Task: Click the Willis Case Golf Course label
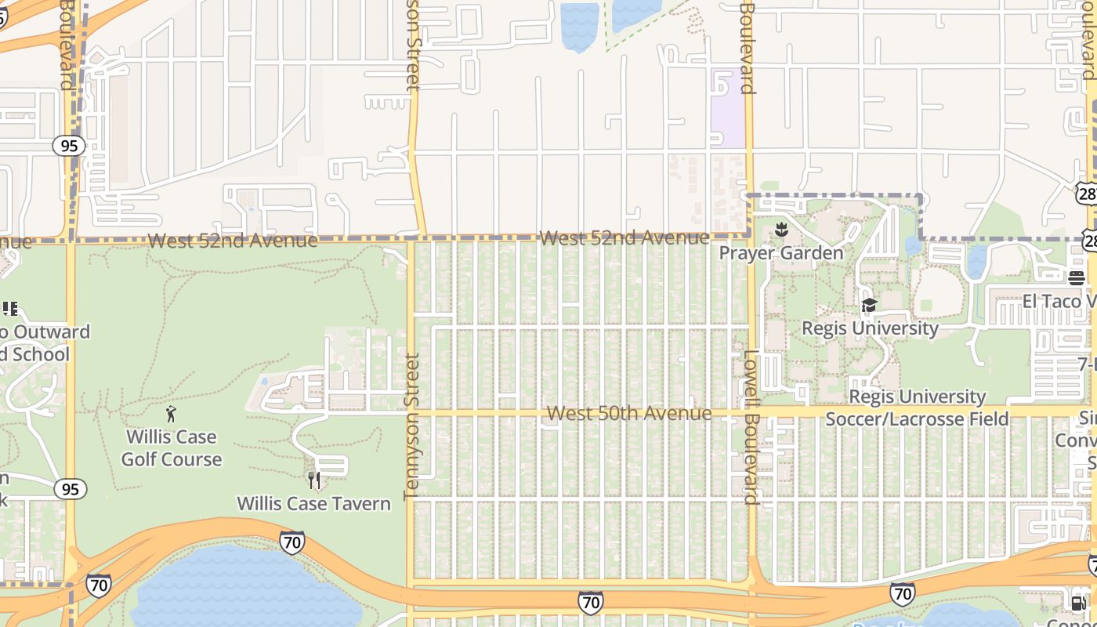[x=172, y=448]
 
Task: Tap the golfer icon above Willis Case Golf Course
[x=172, y=413]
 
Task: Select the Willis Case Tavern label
[x=313, y=503]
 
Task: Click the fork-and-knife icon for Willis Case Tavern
[x=314, y=480]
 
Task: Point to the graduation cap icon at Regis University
[x=869, y=306]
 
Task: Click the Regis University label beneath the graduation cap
[x=870, y=328]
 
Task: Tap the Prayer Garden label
[x=781, y=252]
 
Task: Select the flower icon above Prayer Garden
[x=780, y=230]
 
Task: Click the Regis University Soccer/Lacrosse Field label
[x=918, y=408]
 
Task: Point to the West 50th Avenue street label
[x=629, y=413]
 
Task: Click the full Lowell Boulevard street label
[x=751, y=427]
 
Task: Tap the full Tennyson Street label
[x=411, y=426]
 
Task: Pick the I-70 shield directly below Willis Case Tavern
[x=291, y=542]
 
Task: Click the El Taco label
[x=1058, y=301]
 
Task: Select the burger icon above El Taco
[x=1076, y=277]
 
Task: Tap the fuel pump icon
[x=1078, y=603]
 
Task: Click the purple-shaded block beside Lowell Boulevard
[x=727, y=110]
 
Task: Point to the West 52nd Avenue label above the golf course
[x=232, y=241]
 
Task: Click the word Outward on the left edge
[x=52, y=332]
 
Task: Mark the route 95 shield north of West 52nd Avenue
[x=70, y=146]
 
